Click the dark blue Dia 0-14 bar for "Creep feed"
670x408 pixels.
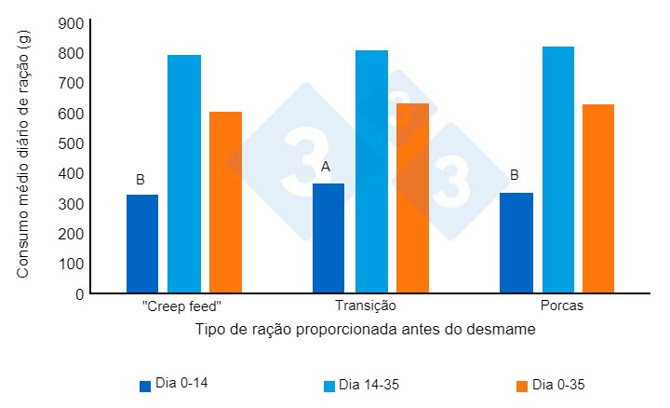[142, 244]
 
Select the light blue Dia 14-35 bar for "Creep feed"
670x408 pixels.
[184, 174]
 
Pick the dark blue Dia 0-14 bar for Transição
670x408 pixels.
[328, 238]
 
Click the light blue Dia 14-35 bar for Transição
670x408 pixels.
[371, 171]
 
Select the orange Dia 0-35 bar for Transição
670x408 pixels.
[412, 198]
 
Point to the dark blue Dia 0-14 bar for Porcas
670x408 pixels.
[516, 243]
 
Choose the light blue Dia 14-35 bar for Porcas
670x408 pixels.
[558, 170]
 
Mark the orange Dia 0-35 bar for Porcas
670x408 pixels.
[598, 198]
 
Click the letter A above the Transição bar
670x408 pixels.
[326, 167]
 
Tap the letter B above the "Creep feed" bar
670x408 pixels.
[141, 179]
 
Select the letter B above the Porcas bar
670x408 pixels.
[514, 174]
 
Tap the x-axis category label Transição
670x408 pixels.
[365, 306]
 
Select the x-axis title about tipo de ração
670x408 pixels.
[366, 330]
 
